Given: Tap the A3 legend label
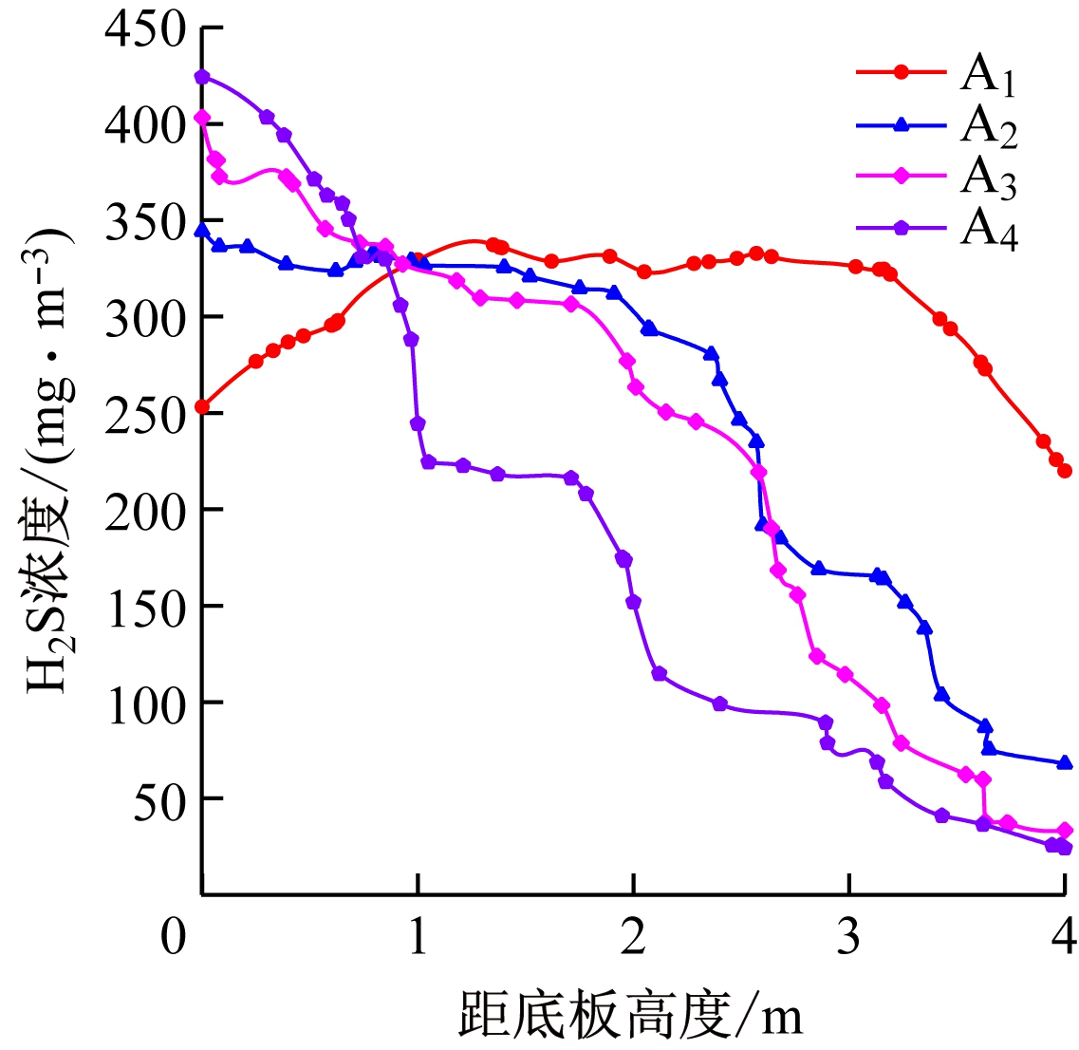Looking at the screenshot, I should (988, 178).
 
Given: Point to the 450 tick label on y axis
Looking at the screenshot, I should (146, 28).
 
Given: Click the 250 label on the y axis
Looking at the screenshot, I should (146, 414).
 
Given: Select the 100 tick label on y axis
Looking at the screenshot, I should (146, 703).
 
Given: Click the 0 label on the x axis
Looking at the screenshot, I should (174, 937).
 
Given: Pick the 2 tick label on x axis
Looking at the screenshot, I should (633, 937).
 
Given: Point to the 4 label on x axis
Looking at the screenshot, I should (1065, 937).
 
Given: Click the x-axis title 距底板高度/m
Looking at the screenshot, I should (631, 1015).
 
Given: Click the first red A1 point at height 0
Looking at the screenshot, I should (201, 406).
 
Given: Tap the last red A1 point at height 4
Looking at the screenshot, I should (1065, 471).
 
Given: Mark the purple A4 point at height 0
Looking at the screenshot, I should (202, 77).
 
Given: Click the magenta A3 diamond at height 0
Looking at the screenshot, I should (201, 118).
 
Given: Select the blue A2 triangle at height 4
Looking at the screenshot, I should (1065, 762).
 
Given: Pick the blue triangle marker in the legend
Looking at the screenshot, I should (902, 124).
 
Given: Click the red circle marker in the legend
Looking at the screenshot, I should (902, 72).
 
